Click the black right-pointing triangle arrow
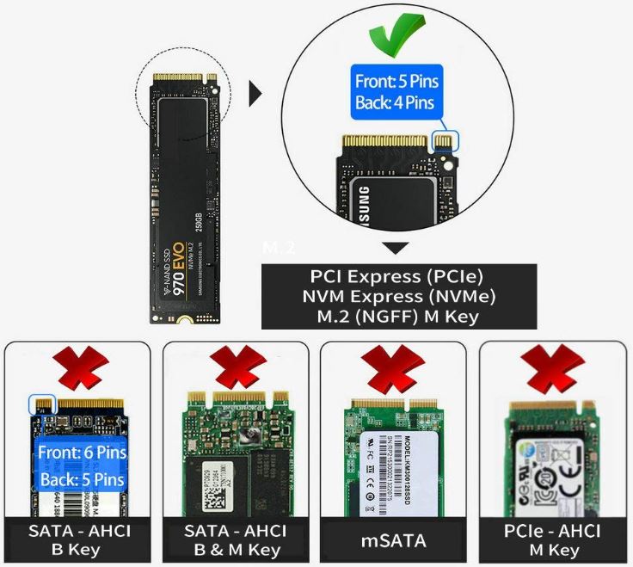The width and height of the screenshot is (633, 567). pyautogui.click(x=255, y=94)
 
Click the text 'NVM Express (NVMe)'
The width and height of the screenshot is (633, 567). pyautogui.click(x=398, y=296)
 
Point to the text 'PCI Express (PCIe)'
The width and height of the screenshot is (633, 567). pyautogui.click(x=398, y=278)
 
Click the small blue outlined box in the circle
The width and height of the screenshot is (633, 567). pyautogui.click(x=446, y=138)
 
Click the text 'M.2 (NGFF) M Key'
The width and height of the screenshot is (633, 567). pyautogui.click(x=398, y=315)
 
